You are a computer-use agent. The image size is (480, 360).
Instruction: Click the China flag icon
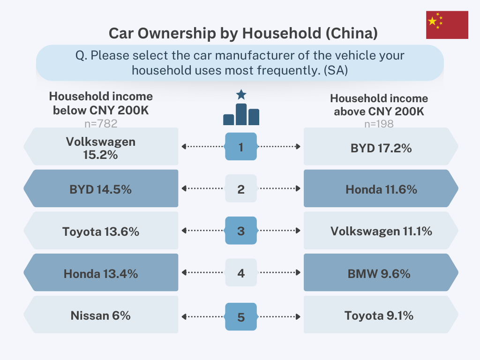click(x=447, y=25)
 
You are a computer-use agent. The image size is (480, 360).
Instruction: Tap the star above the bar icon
click(x=241, y=95)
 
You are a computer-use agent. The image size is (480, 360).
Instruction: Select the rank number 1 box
click(x=241, y=147)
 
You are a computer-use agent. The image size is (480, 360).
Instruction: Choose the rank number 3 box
click(x=241, y=231)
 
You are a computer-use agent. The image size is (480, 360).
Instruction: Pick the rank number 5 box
click(x=241, y=317)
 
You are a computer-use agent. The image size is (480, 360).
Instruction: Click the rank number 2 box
click(x=241, y=189)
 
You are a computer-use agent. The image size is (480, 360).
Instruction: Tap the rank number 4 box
click(x=241, y=273)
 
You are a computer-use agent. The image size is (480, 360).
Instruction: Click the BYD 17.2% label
click(x=381, y=148)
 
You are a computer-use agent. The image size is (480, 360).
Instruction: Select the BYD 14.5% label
click(x=100, y=189)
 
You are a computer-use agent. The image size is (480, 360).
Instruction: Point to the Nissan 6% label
click(x=100, y=315)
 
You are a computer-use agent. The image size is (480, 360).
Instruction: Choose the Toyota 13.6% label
click(x=100, y=231)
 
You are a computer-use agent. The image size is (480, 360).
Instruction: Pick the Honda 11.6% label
click(x=381, y=189)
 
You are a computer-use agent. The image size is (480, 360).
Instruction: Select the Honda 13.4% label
click(x=100, y=273)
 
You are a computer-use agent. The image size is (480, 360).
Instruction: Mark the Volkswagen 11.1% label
click(x=381, y=231)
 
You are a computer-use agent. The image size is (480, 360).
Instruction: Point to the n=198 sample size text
click(x=379, y=124)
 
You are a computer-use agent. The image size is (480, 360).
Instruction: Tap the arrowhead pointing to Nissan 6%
click(x=184, y=315)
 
